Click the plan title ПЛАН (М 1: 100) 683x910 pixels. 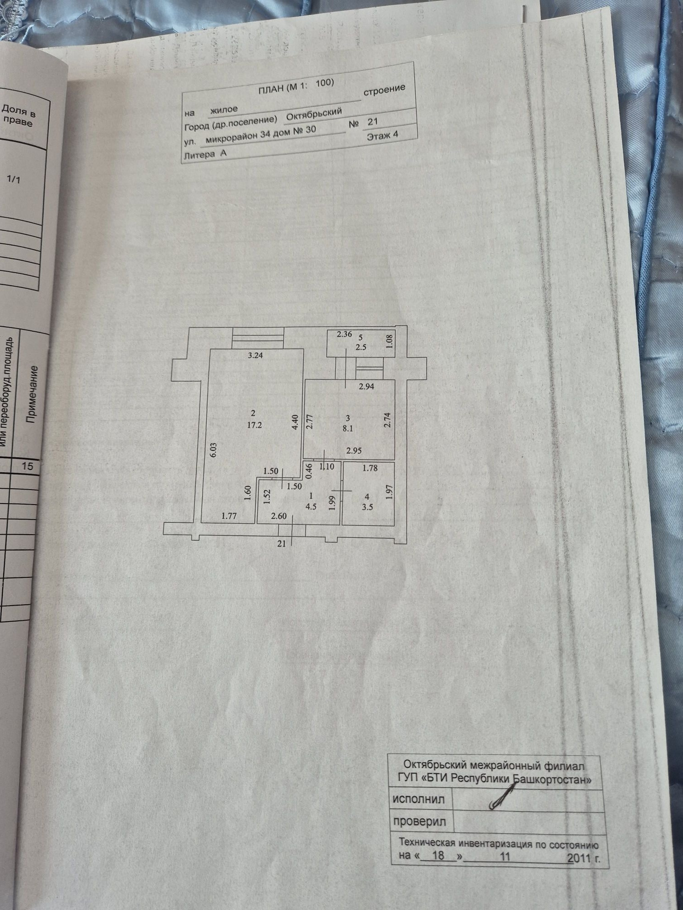tap(296, 86)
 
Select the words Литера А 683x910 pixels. tap(205, 155)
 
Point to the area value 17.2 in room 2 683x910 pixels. tap(254, 425)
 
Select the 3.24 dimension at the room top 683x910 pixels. tap(255, 355)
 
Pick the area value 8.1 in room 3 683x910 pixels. tap(348, 429)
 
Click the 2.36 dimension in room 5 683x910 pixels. tap(344, 334)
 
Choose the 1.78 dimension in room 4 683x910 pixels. tap(370, 468)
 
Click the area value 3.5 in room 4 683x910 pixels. tap(367, 507)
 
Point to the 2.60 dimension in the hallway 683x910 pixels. tap(279, 516)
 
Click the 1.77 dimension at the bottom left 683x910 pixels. tap(229, 516)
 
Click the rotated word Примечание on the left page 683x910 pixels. tap(31, 394)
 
